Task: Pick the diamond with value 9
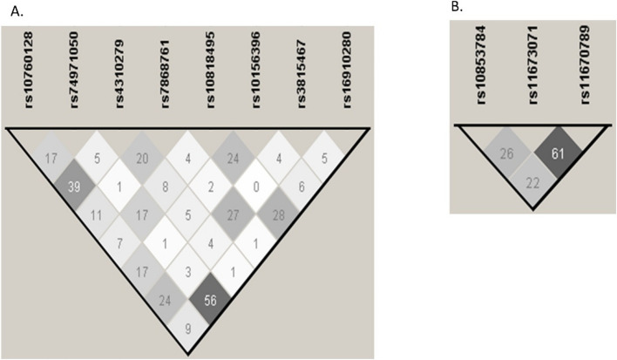click(188, 329)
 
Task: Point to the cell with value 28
click(302, 215)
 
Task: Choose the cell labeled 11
click(74, 214)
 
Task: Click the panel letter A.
click(10, 11)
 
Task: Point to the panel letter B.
click(456, 7)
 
